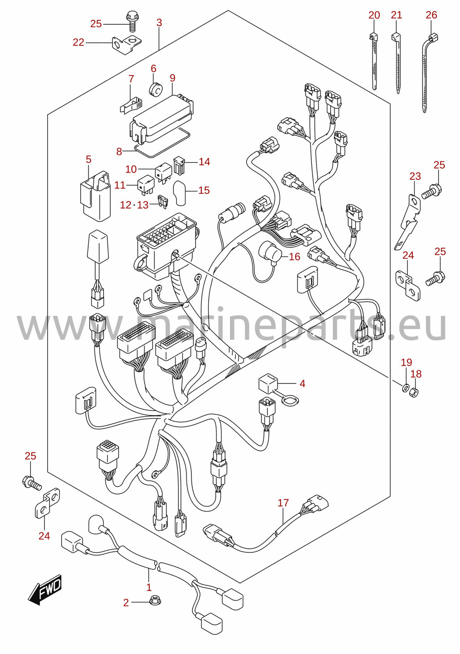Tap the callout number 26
431,15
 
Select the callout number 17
283,503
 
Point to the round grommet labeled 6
156,89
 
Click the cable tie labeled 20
374,61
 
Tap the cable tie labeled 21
396,63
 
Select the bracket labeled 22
126,44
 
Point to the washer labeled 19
406,388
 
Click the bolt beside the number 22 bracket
132,22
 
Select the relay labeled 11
146,185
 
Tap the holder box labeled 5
95,194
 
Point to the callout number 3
159,23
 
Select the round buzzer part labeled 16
270,253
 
